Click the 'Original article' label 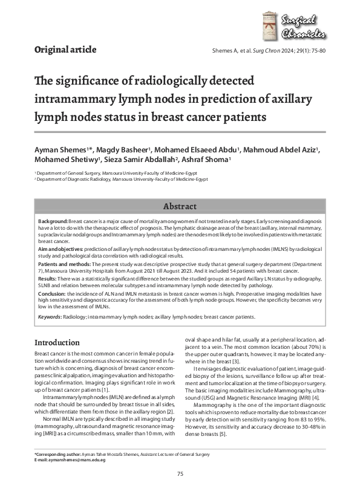coord(65,50)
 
